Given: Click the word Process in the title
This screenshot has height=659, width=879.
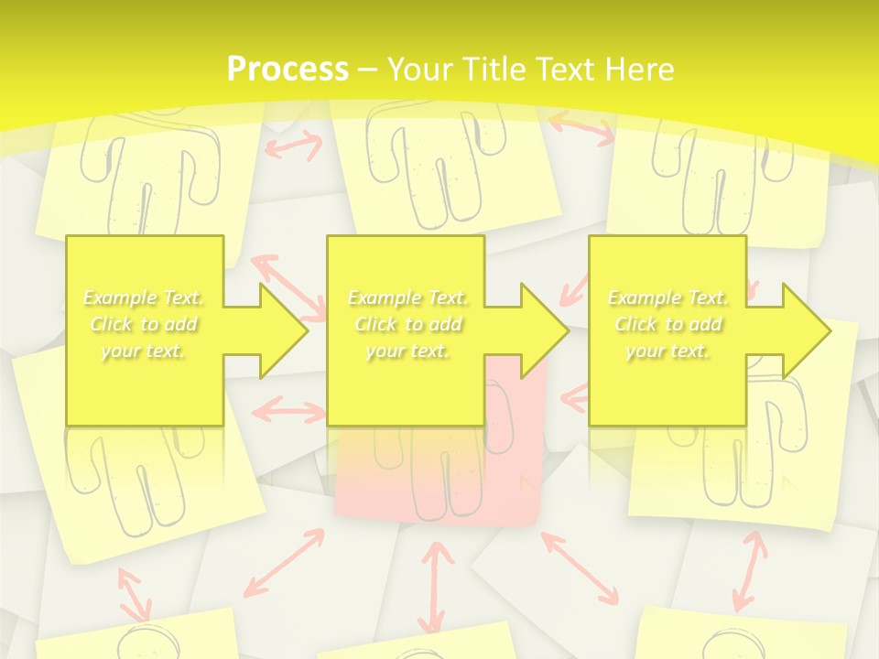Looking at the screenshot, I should [288, 70].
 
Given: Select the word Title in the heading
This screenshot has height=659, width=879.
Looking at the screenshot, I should [501, 70].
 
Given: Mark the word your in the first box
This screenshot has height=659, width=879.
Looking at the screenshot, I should [118, 351].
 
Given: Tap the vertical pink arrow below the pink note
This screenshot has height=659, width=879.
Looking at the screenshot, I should [437, 586].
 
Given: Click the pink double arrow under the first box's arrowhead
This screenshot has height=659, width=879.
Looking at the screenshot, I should [286, 410].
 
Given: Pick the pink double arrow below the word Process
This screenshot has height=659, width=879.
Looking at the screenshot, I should [293, 145].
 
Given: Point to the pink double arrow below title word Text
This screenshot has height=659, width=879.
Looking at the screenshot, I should [581, 128].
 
